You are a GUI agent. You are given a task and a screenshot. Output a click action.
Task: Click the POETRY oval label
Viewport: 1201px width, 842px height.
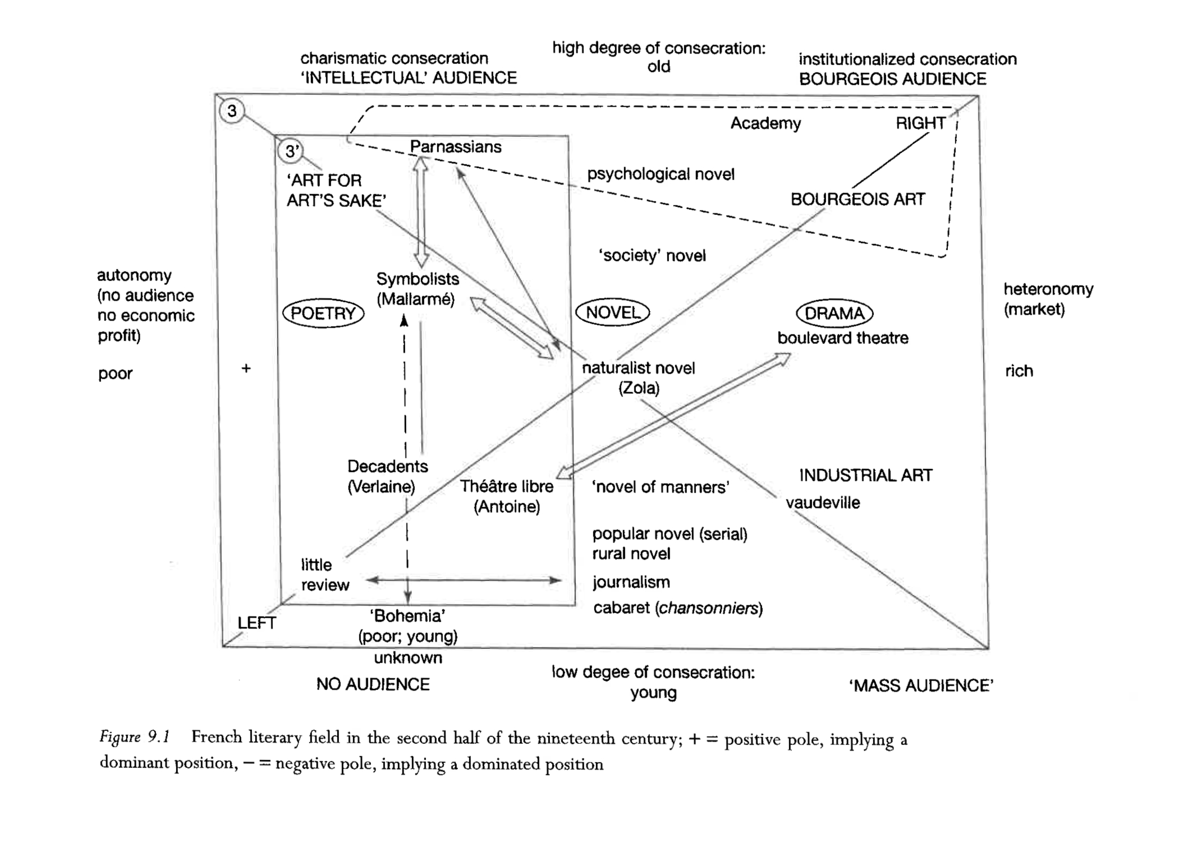pyautogui.click(x=323, y=313)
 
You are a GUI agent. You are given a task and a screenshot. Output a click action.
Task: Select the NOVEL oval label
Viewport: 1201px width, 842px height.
pyautogui.click(x=612, y=312)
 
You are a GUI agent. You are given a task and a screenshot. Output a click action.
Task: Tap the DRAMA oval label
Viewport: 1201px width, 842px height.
pyautogui.click(x=835, y=313)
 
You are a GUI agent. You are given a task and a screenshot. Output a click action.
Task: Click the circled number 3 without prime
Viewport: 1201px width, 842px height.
pyautogui.click(x=232, y=111)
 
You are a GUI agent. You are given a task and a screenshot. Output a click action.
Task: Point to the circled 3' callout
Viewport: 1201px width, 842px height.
pyautogui.click(x=291, y=151)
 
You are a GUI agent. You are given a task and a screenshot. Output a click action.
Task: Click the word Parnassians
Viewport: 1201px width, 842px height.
pyautogui.click(x=455, y=147)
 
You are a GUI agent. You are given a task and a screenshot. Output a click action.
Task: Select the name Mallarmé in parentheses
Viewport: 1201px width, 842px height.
pyautogui.click(x=415, y=300)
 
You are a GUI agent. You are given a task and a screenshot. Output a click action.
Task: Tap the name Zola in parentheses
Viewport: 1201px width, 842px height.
pyautogui.click(x=639, y=388)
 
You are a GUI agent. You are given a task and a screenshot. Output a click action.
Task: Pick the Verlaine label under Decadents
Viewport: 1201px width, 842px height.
pyautogui.click(x=381, y=486)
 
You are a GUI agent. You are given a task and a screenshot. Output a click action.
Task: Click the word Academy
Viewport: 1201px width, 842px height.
pyautogui.click(x=765, y=123)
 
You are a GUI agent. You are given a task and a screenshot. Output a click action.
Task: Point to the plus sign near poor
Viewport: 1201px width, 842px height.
pyautogui.click(x=246, y=369)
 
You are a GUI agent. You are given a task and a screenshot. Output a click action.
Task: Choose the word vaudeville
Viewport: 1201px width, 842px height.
pyautogui.click(x=822, y=503)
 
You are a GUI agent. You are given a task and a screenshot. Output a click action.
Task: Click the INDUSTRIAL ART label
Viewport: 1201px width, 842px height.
pyautogui.click(x=865, y=476)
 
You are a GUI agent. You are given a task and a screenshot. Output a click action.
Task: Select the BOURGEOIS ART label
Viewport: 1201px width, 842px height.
pyautogui.click(x=858, y=199)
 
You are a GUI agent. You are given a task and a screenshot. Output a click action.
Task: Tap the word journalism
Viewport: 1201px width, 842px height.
pyautogui.click(x=631, y=582)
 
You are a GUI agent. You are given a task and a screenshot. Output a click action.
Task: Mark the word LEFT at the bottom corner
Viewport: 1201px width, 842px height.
pyautogui.click(x=256, y=623)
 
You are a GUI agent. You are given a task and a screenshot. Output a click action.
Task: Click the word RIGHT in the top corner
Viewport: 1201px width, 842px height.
pyautogui.click(x=920, y=123)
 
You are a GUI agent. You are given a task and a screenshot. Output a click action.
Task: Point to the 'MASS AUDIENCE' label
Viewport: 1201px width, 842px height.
pyautogui.click(x=921, y=685)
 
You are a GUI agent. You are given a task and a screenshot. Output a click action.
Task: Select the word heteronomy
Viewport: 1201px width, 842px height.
pyautogui.click(x=1048, y=289)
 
